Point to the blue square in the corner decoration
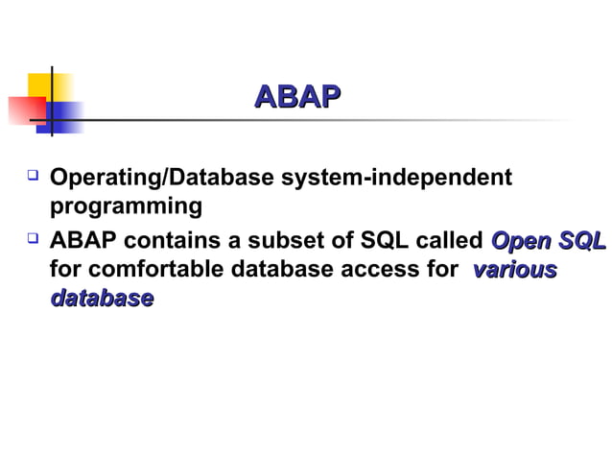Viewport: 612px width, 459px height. (x=64, y=117)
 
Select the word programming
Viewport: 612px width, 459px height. (x=126, y=206)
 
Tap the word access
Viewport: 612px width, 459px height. (x=380, y=270)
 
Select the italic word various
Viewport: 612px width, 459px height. (x=513, y=270)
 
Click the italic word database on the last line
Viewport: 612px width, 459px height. (x=102, y=299)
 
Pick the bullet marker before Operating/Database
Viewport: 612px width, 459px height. (x=33, y=178)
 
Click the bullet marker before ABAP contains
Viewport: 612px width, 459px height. (x=33, y=239)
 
